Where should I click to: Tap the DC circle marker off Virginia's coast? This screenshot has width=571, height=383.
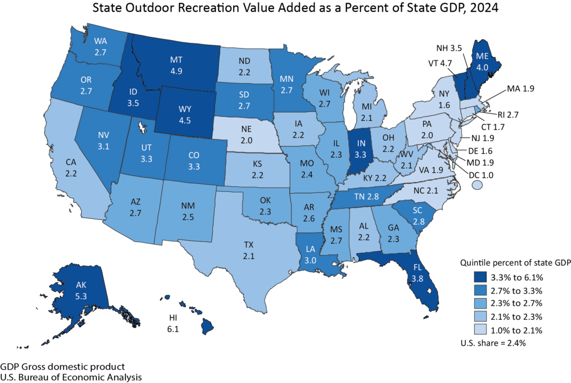(x=477, y=185)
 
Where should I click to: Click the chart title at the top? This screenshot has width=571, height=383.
(x=285, y=9)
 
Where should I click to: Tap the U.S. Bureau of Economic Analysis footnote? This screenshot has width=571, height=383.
(x=71, y=377)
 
